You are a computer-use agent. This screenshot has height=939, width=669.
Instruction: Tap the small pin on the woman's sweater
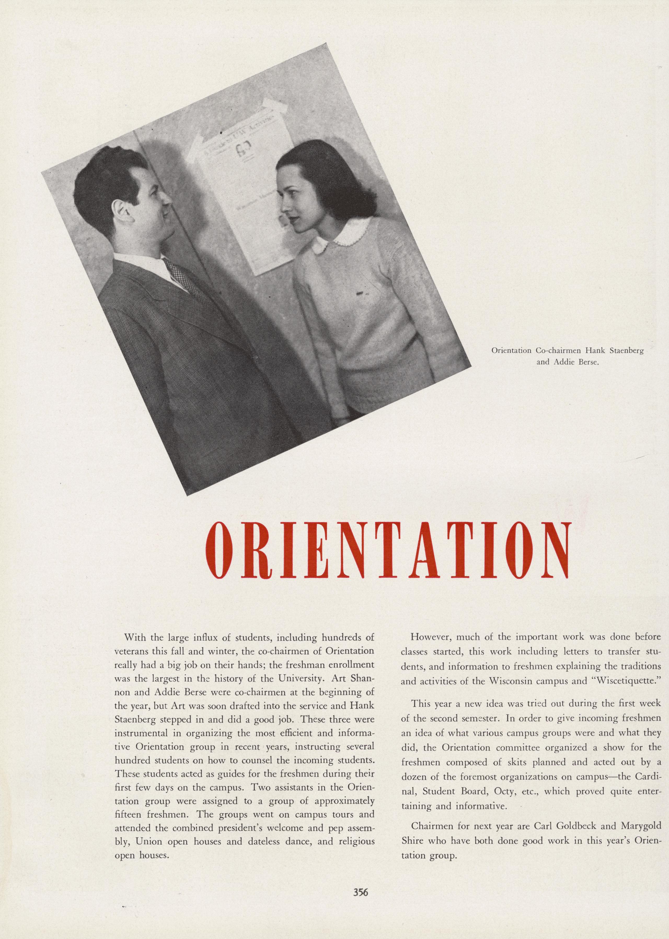pos(361,293)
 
